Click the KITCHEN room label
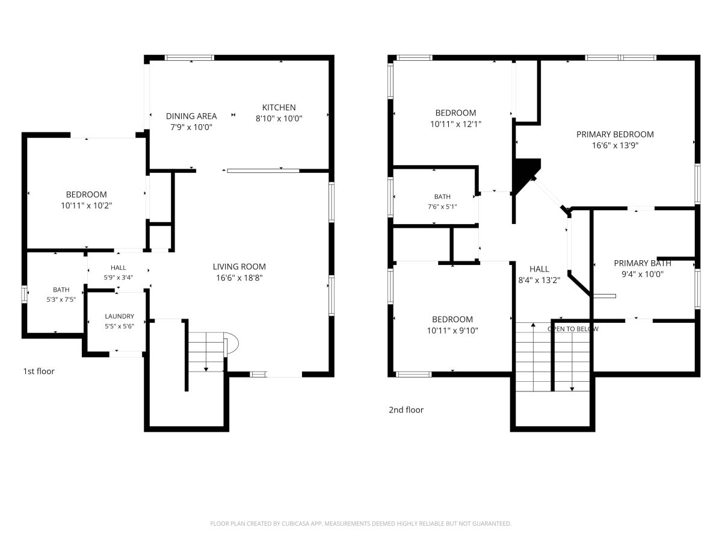[279, 107]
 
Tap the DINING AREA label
[191, 116]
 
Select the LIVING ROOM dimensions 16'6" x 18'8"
[239, 278]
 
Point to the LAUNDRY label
[119, 316]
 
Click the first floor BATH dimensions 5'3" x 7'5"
[61, 299]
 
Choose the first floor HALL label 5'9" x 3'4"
[119, 272]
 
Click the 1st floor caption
[39, 371]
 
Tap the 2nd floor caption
[406, 410]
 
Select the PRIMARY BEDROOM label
[615, 134]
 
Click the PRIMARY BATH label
[642, 263]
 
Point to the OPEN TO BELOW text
[573, 329]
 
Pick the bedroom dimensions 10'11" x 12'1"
[455, 124]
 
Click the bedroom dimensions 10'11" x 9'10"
[452, 331]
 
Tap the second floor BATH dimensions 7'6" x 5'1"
[442, 207]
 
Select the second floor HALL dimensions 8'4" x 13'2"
[539, 280]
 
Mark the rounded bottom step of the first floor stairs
[231, 343]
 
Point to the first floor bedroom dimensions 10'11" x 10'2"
[87, 206]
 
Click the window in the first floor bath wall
[24, 294]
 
